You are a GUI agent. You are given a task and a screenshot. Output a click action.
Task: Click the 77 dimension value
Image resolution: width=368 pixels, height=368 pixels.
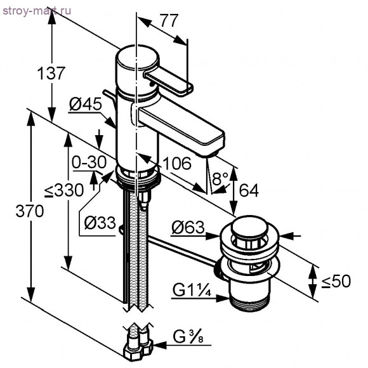pos(168,21)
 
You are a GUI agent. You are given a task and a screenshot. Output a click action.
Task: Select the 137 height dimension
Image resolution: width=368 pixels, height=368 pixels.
pos(51,73)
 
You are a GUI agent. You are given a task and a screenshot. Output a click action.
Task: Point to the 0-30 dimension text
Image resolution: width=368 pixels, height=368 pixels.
pos(88,163)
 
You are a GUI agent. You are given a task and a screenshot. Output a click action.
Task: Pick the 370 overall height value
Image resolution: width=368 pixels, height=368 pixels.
pos(30,211)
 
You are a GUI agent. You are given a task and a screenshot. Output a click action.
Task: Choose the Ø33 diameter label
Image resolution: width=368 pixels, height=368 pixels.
pos(99,223)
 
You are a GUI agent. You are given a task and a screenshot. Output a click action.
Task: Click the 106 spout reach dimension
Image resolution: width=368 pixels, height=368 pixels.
pos(177,164)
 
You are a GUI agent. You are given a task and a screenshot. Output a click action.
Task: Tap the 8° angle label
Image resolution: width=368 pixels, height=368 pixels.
pos(220,180)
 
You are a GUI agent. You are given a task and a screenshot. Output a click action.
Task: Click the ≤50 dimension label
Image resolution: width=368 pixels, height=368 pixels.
pos(335,281)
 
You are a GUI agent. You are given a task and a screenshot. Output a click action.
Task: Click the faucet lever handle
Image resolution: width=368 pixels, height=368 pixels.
pos(168,82)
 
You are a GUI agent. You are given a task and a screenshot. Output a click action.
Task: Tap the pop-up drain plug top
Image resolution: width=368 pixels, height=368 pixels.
pos(249,227)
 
